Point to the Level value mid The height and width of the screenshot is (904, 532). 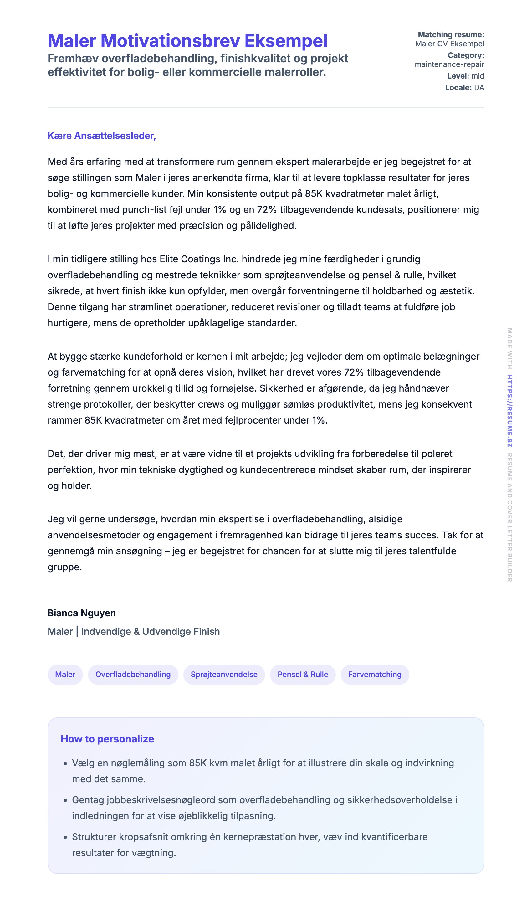(x=478, y=76)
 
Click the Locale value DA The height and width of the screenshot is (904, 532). (x=479, y=88)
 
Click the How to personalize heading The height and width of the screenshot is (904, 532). (x=107, y=739)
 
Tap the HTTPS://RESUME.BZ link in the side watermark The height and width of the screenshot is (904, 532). (x=509, y=411)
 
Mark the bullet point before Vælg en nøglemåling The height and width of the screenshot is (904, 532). (x=65, y=764)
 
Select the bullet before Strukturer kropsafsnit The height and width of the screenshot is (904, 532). (x=65, y=838)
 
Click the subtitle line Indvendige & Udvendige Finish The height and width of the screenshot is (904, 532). (x=150, y=631)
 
